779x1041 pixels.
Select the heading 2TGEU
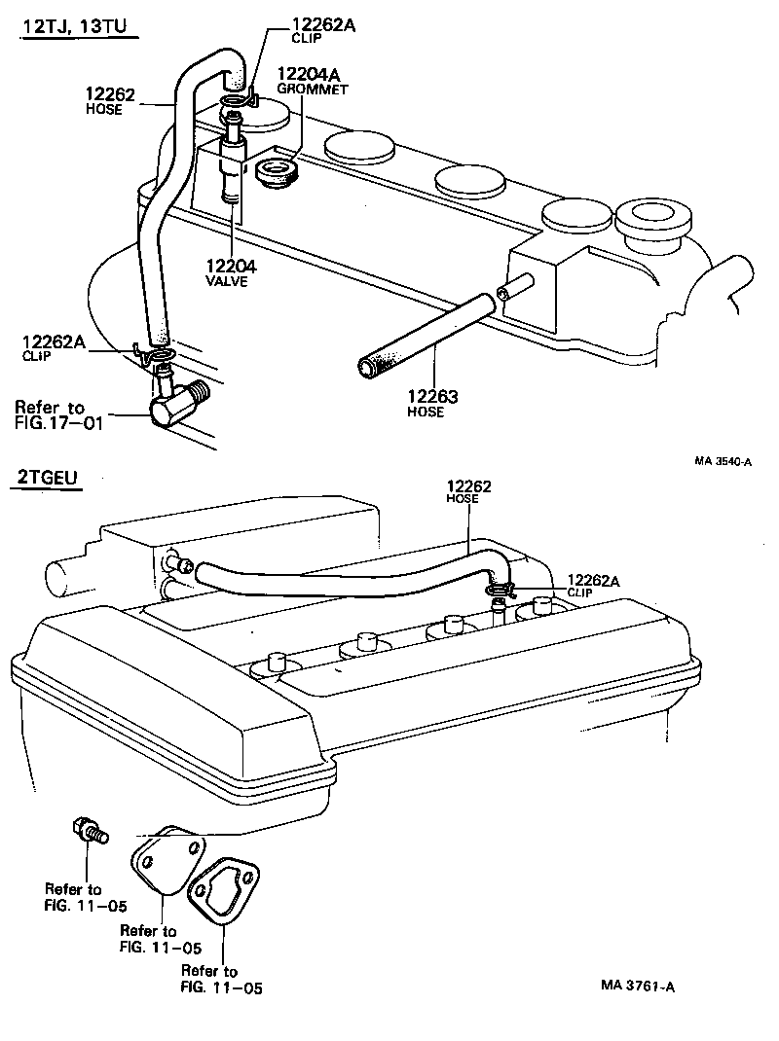point(48,478)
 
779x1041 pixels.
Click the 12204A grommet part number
point(309,75)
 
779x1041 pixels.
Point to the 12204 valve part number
point(232,265)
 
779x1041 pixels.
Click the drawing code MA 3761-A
point(638,986)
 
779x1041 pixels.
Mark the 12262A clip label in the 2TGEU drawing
point(593,582)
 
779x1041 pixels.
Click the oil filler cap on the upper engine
point(653,218)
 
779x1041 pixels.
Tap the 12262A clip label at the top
point(323,27)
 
